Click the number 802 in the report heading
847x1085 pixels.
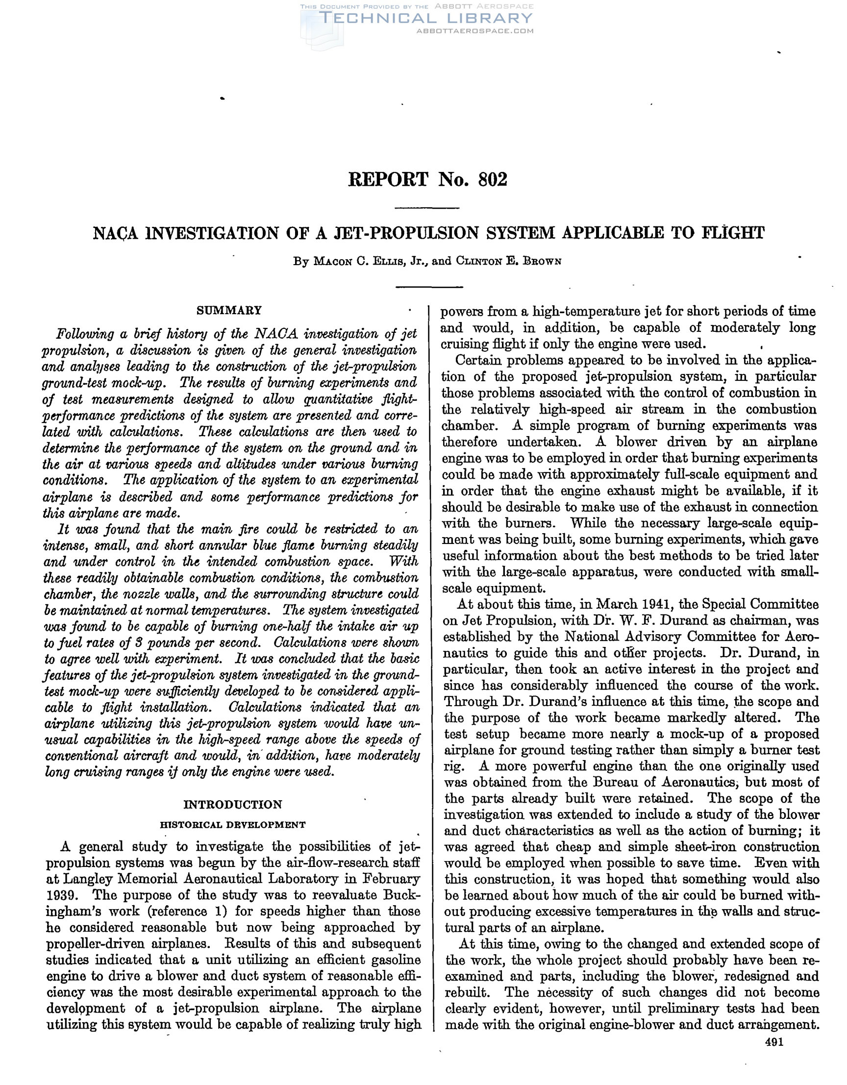click(492, 179)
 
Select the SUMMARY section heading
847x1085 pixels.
click(229, 311)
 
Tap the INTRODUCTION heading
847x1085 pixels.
click(232, 804)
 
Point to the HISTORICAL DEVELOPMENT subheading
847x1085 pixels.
click(232, 825)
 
